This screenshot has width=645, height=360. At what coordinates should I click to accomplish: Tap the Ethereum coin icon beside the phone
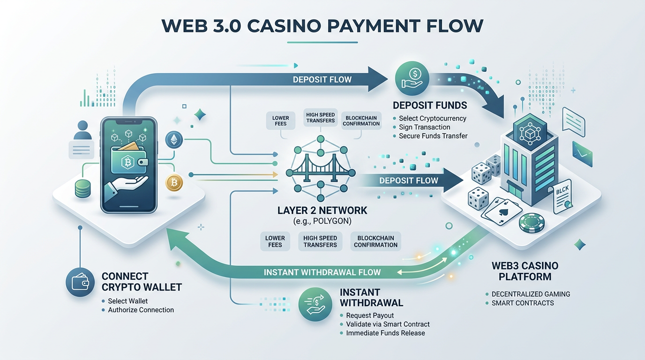click(174, 139)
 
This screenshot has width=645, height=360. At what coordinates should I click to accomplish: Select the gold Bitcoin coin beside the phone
click(174, 182)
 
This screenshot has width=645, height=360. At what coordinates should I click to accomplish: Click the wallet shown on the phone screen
click(128, 161)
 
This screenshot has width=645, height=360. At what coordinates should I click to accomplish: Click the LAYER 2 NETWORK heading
click(322, 210)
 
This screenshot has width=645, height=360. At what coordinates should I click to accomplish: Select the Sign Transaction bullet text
click(424, 127)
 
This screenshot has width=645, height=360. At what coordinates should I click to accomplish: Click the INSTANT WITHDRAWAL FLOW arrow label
click(322, 272)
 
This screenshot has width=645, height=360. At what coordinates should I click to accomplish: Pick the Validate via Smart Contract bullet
click(388, 324)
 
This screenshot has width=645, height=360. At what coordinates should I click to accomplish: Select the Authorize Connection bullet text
click(141, 310)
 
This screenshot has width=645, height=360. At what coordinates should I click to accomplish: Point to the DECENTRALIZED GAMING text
click(531, 294)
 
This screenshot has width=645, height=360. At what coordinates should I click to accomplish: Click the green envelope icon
click(582, 154)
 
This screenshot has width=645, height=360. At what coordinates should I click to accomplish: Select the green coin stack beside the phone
click(82, 188)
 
